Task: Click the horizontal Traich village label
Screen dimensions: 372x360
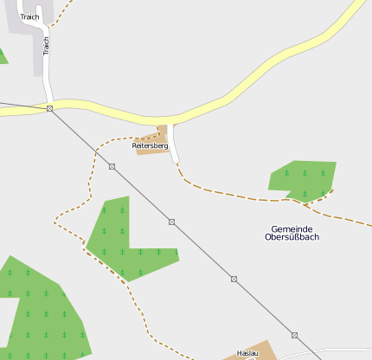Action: pyautogui.click(x=30, y=16)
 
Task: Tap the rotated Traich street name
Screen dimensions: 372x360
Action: pyautogui.click(x=46, y=45)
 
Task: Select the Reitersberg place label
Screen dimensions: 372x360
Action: pyautogui.click(x=150, y=146)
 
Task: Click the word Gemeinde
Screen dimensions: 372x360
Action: pyautogui.click(x=292, y=228)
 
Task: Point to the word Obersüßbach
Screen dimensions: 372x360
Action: pyautogui.click(x=292, y=237)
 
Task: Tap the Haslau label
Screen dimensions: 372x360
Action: pyautogui.click(x=247, y=354)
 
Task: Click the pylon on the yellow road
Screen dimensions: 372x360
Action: pyautogui.click(x=49, y=108)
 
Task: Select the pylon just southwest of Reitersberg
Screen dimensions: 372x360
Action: pyautogui.click(x=112, y=166)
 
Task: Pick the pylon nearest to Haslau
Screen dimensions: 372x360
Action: pyautogui.click(x=294, y=335)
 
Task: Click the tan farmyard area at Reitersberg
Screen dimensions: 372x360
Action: pyautogui.click(x=161, y=133)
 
